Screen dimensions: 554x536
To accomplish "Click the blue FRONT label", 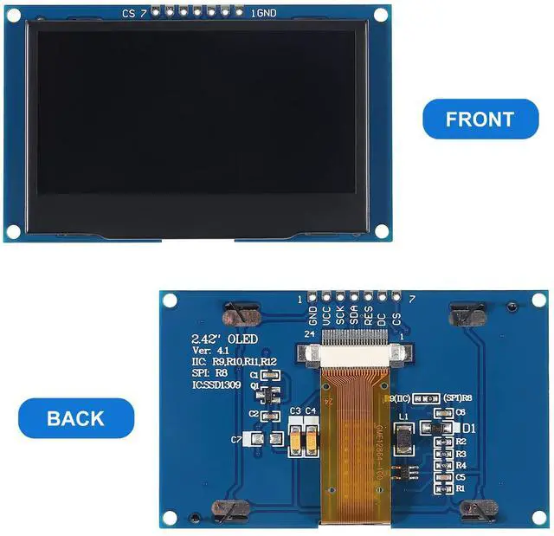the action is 480,119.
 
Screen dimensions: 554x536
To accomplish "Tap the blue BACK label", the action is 75,418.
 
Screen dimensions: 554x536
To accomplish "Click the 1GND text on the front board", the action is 264,13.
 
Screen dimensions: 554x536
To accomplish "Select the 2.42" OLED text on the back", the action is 224,339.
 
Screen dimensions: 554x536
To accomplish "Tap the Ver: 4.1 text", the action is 212,350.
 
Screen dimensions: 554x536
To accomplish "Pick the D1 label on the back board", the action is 470,428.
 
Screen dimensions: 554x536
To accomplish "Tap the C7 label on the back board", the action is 237,440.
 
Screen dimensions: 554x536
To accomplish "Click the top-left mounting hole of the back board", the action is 171,300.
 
